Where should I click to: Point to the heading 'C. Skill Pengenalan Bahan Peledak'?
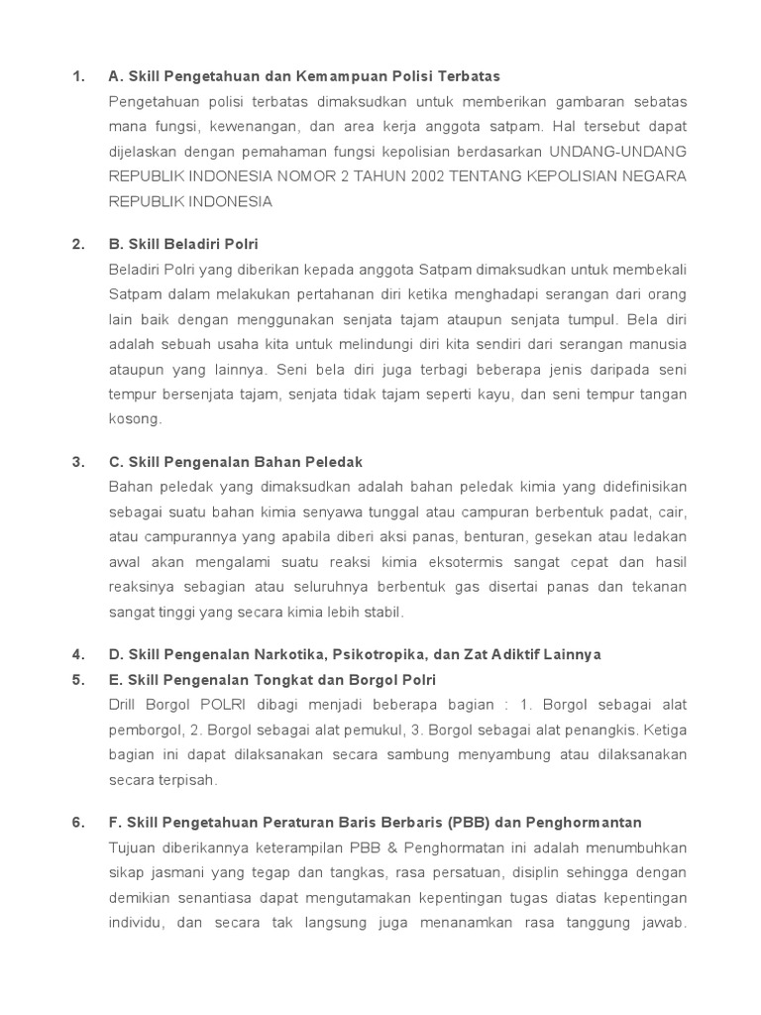pos(236,462)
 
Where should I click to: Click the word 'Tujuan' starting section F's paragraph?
pos(133,847)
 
